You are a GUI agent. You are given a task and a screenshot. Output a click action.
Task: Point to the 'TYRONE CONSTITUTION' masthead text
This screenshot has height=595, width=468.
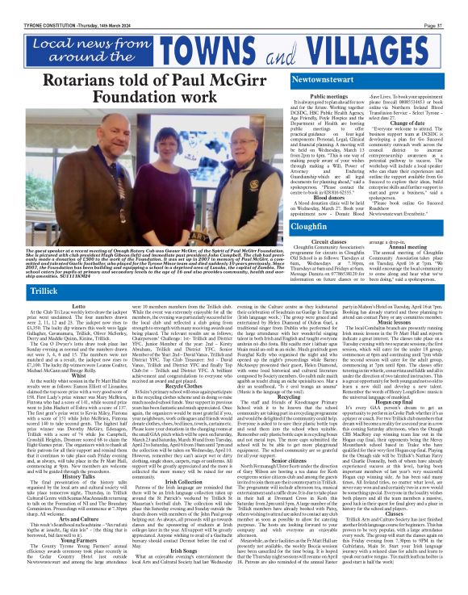click(x=32, y=6)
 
